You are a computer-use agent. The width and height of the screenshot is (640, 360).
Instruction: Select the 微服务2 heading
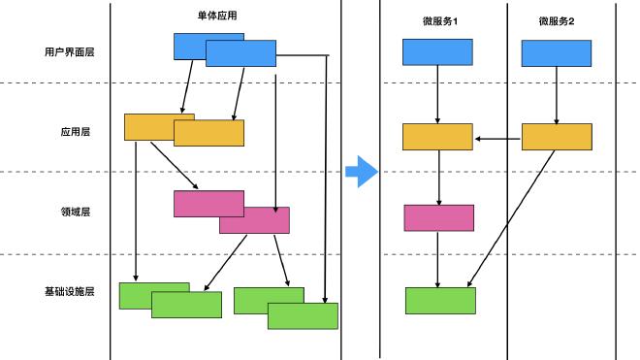click(557, 21)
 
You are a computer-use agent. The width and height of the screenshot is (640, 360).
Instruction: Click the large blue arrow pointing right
click(360, 171)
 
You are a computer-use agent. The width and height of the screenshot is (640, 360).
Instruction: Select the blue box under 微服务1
click(437, 52)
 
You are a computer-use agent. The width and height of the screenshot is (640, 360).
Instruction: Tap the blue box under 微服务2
click(557, 53)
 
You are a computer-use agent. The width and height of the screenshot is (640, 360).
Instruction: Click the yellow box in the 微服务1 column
click(437, 137)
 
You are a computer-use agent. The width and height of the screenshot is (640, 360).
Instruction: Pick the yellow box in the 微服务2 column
click(557, 137)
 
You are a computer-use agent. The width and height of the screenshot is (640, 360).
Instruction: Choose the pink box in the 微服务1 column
click(438, 217)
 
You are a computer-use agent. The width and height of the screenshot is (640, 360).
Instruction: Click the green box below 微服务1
click(440, 301)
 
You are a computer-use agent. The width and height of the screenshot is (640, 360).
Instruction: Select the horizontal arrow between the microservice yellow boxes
click(498, 139)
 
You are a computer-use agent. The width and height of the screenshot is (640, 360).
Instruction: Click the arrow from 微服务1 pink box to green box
click(439, 258)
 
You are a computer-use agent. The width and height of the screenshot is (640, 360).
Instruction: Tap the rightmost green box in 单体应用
click(303, 316)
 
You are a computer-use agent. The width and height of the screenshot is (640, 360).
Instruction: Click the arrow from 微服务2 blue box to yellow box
click(557, 95)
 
